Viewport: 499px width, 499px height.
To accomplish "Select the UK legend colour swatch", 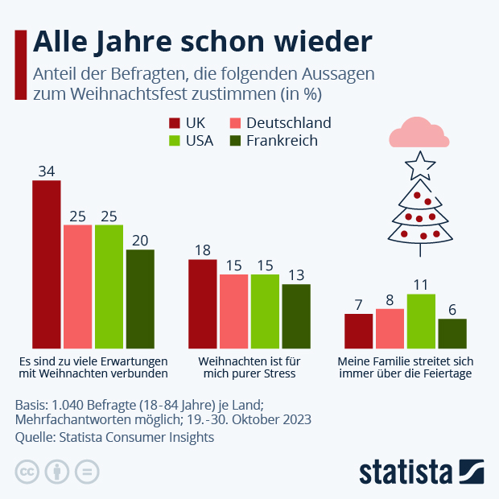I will tap(174, 123).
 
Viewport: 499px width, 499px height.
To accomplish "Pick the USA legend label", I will tap(199, 141).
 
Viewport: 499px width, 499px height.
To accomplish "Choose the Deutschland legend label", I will tap(289, 123).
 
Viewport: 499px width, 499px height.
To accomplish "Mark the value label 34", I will tap(47, 171).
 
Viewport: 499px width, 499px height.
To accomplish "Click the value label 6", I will tap(452, 310).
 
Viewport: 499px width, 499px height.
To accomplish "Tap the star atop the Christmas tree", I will tap(419, 166).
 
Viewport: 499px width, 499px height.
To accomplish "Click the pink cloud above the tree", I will tap(418, 133).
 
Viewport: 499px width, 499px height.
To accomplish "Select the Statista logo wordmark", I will tap(406, 472).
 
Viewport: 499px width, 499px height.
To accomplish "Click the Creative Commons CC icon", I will tap(27, 472).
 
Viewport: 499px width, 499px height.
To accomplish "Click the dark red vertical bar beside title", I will tap(21, 65).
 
